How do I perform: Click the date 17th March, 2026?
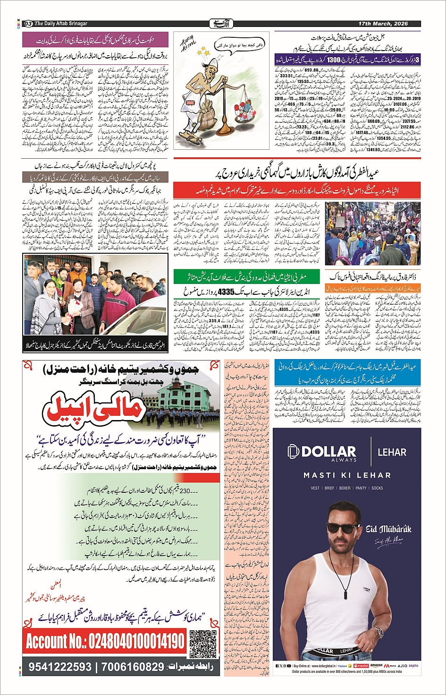click(383, 23)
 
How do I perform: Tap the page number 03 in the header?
click(28, 24)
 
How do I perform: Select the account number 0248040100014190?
click(105, 642)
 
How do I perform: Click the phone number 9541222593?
click(60, 667)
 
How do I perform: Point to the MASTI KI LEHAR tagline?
click(347, 475)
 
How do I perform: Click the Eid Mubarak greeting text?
click(388, 529)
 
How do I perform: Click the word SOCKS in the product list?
click(377, 488)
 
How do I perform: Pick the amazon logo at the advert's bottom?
click(376, 665)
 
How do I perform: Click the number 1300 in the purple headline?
click(333, 60)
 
